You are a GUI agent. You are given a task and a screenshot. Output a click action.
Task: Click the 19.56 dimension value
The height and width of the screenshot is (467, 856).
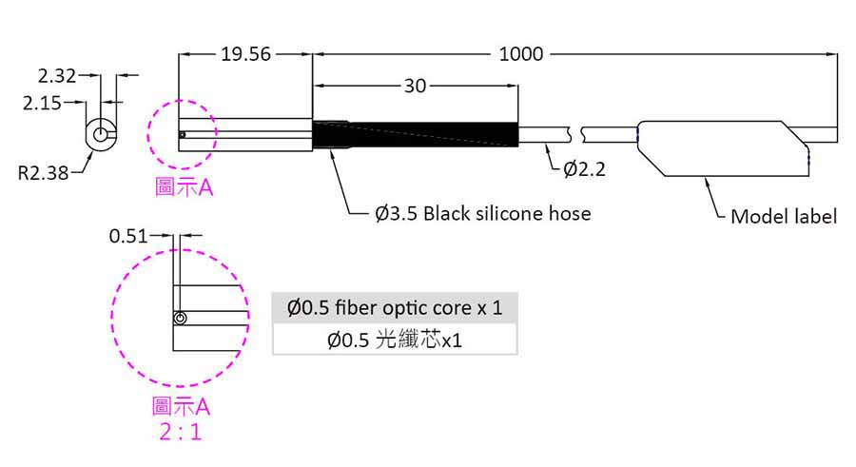point(245,54)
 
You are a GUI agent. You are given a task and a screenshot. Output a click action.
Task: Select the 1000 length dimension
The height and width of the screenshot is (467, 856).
point(521,54)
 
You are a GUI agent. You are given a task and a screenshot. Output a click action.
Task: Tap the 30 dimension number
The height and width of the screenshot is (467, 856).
point(415,86)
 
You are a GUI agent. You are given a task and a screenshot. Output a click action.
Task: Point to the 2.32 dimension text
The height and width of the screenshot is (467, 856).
point(57,76)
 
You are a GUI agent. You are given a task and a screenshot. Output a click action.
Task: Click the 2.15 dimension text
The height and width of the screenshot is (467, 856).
point(42,103)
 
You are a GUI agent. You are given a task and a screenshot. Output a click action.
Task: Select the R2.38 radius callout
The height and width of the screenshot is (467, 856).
point(43,173)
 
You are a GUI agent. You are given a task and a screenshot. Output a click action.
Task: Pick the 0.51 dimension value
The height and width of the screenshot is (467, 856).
point(128,236)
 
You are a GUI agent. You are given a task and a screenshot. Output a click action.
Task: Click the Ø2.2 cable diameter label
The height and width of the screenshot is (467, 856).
point(584,168)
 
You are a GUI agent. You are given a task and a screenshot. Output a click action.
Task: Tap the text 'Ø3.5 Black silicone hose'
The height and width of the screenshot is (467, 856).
point(482,213)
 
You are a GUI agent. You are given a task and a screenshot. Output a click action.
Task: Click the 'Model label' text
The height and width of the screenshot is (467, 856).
point(784,216)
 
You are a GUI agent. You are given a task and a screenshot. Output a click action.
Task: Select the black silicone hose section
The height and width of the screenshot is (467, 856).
point(415,134)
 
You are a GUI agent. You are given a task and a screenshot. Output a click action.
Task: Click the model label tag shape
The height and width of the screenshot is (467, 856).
point(723,148)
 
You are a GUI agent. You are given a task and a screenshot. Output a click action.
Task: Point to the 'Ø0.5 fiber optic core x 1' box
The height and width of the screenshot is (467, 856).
point(395,307)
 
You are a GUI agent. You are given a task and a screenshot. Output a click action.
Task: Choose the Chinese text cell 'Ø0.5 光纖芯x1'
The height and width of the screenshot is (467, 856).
point(395,340)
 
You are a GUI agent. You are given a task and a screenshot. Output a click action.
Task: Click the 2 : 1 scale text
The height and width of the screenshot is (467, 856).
point(181,432)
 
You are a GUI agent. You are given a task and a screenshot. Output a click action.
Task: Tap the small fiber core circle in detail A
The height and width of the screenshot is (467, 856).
point(180,318)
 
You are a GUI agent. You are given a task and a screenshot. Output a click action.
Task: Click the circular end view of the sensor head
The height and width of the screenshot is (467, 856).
point(101,134)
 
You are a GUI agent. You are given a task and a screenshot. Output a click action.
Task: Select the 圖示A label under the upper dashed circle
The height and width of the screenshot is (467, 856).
point(184,186)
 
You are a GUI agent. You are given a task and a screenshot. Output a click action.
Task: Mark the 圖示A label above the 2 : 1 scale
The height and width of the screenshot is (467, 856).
point(181,406)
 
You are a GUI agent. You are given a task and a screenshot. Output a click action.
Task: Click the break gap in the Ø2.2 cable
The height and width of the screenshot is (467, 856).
point(576,134)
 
